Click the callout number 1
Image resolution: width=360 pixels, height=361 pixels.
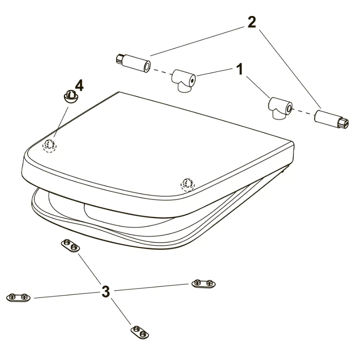(x=240, y=69)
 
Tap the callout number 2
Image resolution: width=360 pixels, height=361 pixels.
(x=252, y=22)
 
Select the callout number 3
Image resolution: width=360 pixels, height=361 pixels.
(x=106, y=291)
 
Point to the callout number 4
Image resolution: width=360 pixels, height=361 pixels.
(x=79, y=86)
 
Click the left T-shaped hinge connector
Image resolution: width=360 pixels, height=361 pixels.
(x=183, y=81)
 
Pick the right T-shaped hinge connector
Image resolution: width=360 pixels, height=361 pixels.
(x=280, y=108)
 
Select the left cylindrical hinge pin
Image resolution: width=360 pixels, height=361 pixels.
(x=133, y=63)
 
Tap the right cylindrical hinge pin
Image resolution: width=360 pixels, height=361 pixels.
(x=332, y=119)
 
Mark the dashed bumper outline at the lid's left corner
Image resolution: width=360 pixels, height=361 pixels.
(x=49, y=146)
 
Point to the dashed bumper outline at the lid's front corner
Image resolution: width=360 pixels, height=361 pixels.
(x=188, y=185)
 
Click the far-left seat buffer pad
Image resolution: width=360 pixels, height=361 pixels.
(x=18, y=297)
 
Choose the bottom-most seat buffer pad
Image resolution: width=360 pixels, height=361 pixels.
(x=140, y=332)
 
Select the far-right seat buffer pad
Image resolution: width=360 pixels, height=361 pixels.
(x=204, y=284)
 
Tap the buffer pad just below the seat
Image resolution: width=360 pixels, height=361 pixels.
(x=70, y=246)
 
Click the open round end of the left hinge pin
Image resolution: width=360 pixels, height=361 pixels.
(x=147, y=67)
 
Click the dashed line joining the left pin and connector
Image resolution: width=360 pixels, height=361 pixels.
(x=162, y=72)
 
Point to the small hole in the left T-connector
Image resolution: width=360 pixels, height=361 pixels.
(x=192, y=81)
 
